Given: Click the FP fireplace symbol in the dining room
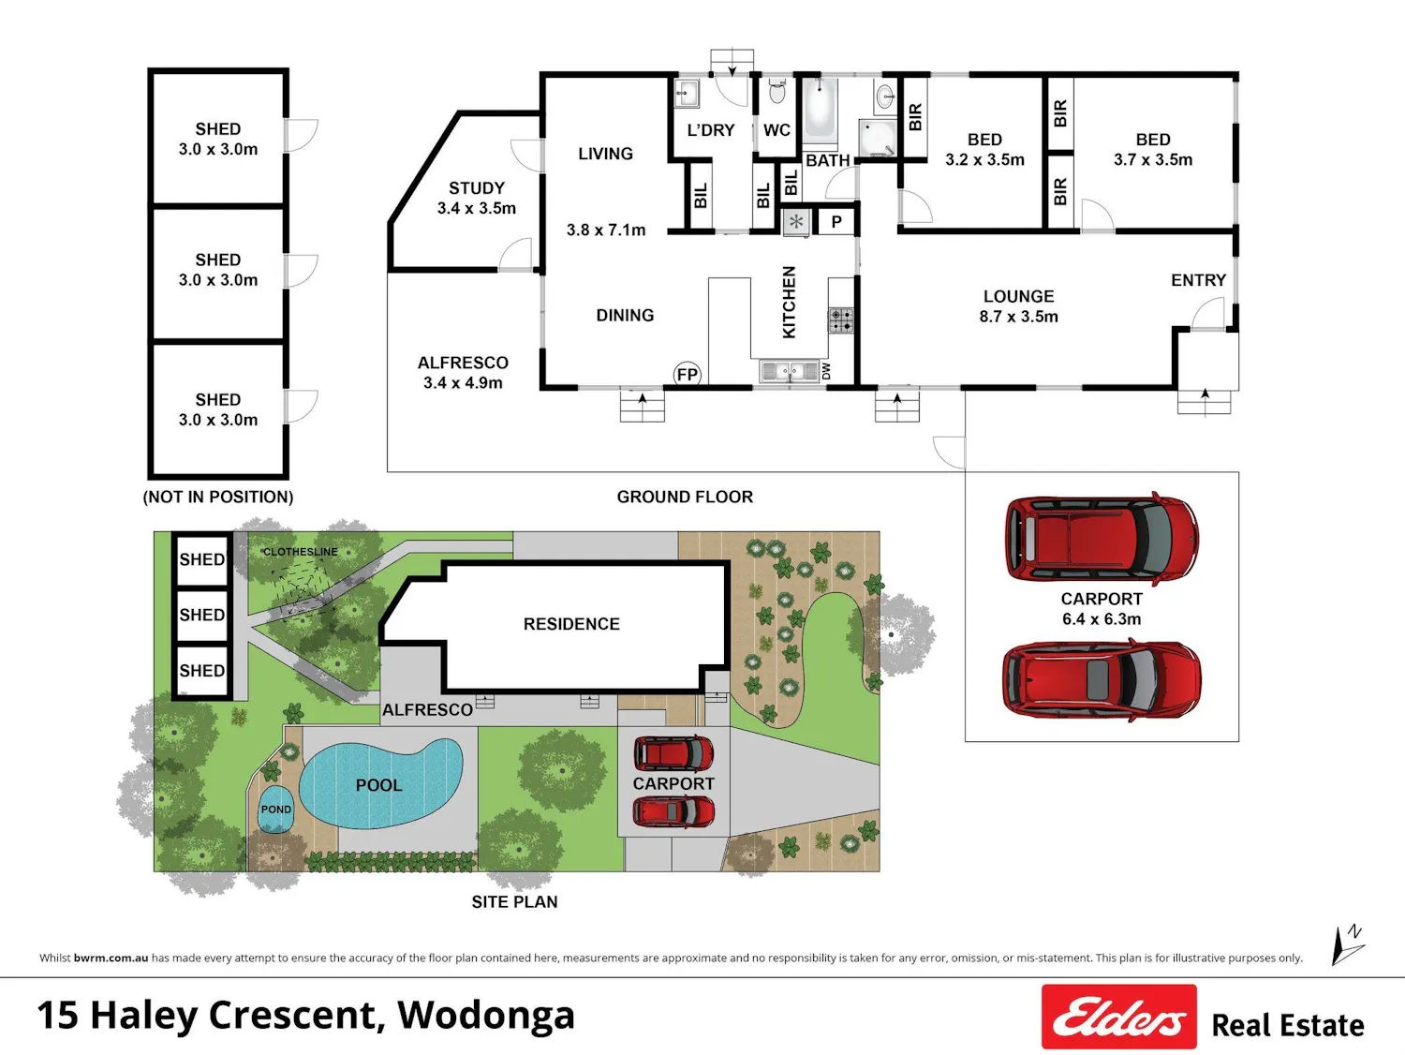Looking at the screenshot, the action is [x=688, y=375].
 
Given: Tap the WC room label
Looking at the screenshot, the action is [x=776, y=130].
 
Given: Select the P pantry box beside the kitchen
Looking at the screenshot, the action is [x=836, y=222].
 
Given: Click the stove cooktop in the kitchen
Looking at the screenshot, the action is [x=841, y=320].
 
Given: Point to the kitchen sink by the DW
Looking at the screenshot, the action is [x=790, y=371].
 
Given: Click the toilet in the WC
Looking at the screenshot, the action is [x=776, y=90].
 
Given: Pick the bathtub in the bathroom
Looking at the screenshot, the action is [x=820, y=110].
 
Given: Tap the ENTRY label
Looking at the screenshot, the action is [x=1198, y=280].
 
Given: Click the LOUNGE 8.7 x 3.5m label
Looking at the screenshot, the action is [x=1018, y=306].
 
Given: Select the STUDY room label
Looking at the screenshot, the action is [x=476, y=187].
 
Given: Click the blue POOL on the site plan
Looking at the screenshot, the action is [x=381, y=783].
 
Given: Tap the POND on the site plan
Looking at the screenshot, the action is [x=276, y=810].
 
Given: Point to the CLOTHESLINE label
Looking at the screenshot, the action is [x=301, y=551].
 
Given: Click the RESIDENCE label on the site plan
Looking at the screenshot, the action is [x=571, y=623].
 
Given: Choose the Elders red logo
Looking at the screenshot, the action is [x=1119, y=1016].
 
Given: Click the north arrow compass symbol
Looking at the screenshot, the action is [x=1347, y=944].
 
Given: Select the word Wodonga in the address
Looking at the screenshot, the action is [x=486, y=1015].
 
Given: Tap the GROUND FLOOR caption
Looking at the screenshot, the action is [x=685, y=497].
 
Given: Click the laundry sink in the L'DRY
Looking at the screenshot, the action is [x=687, y=94].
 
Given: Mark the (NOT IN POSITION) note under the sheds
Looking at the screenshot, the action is [x=218, y=497].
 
